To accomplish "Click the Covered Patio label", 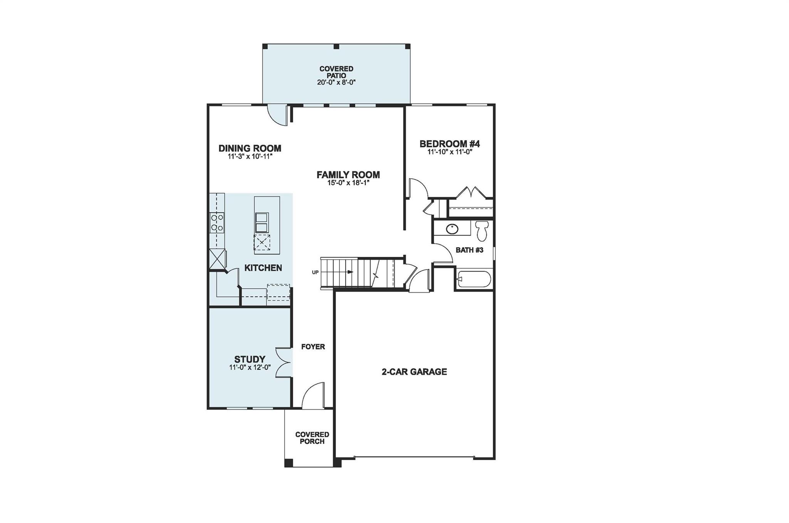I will pyautogui.click(x=336, y=72).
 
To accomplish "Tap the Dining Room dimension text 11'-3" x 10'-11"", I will pyautogui.click(x=250, y=157).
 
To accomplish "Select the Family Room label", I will pyautogui.click(x=348, y=175).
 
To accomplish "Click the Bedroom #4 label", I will pyautogui.click(x=450, y=144).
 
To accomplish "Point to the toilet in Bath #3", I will pyautogui.click(x=481, y=230).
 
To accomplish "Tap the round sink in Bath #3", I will pyautogui.click(x=452, y=229).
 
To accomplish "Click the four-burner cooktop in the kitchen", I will pyautogui.click(x=217, y=223).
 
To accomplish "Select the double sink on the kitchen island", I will pyautogui.click(x=262, y=223).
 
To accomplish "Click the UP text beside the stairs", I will pyautogui.click(x=315, y=272).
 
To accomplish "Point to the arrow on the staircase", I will pyautogui.click(x=350, y=272).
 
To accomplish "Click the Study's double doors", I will pyautogui.click(x=284, y=362).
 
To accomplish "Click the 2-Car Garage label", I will pyautogui.click(x=414, y=372).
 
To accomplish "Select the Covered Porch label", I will pyautogui.click(x=312, y=438).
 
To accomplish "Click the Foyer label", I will pyautogui.click(x=313, y=347).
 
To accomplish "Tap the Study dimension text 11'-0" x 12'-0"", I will pyautogui.click(x=250, y=368).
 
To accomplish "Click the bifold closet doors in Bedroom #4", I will pyautogui.click(x=471, y=192).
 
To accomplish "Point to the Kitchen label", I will pyautogui.click(x=263, y=268).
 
